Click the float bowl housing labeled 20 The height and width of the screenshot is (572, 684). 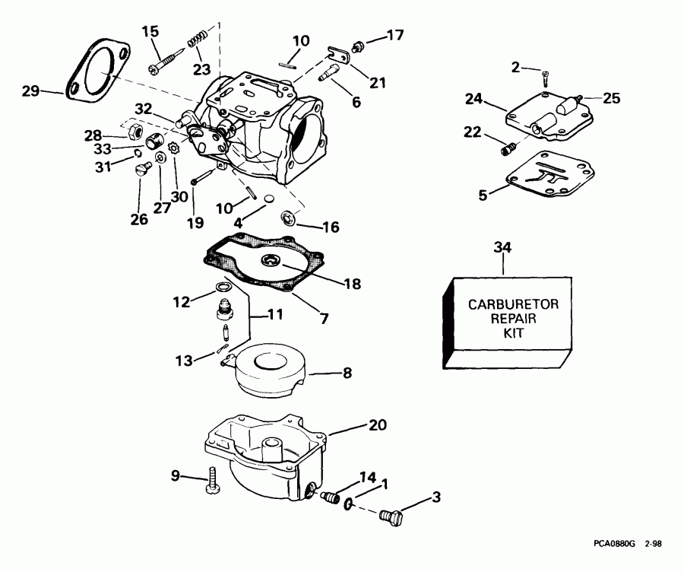(262, 449)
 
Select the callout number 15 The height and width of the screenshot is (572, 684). (151, 31)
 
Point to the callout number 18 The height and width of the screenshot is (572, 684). (352, 284)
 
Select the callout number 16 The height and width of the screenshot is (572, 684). (331, 227)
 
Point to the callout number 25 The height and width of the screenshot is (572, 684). (612, 97)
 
